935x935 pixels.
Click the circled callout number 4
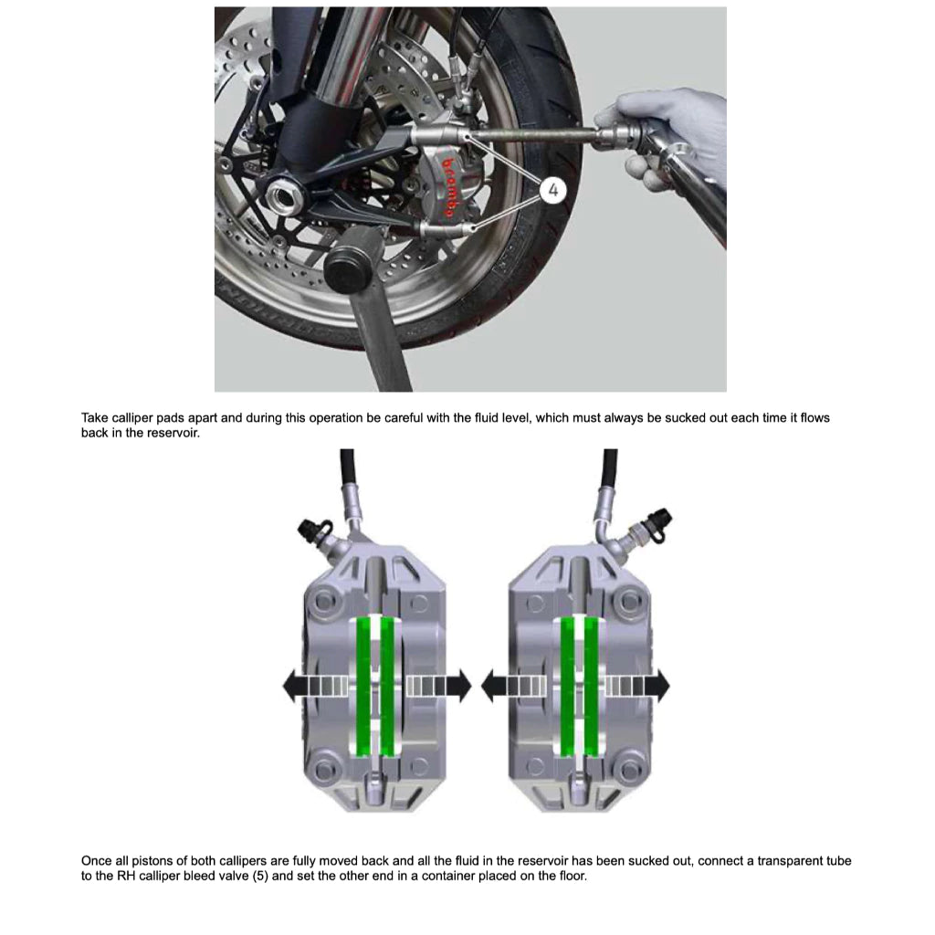[554, 190]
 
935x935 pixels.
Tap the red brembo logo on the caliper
[450, 187]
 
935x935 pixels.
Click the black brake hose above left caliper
[347, 467]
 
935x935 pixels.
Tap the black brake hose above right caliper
[609, 467]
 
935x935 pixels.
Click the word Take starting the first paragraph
[94, 418]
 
